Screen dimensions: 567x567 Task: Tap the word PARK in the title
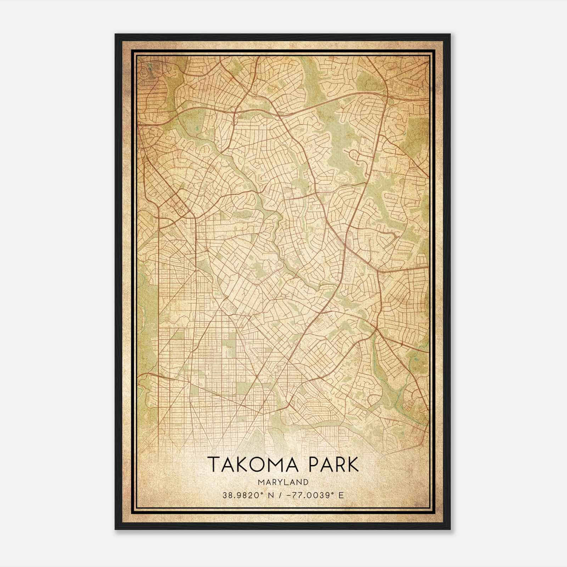[333, 465]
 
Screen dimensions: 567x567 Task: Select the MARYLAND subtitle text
[283, 482]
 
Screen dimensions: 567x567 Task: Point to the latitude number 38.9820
[237, 495]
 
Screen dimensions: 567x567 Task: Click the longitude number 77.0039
[308, 495]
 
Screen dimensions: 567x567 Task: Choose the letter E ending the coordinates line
[341, 495]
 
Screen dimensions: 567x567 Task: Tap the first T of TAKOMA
[213, 465]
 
